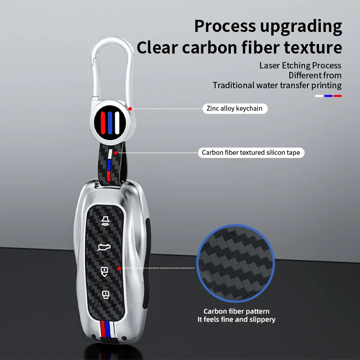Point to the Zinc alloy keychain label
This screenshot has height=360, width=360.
click(234, 108)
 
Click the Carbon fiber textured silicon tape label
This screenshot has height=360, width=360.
click(251, 153)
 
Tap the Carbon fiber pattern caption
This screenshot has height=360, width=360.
click(236, 311)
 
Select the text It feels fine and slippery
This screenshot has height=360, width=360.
click(236, 319)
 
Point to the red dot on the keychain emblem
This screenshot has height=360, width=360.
click(130, 108)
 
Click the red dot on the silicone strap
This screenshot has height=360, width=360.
click(116, 153)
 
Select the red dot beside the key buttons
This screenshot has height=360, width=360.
click(118, 268)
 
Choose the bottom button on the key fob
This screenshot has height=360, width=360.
click(105, 295)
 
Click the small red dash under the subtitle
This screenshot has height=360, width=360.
click(337, 95)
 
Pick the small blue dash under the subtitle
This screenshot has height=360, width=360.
click(328, 95)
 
